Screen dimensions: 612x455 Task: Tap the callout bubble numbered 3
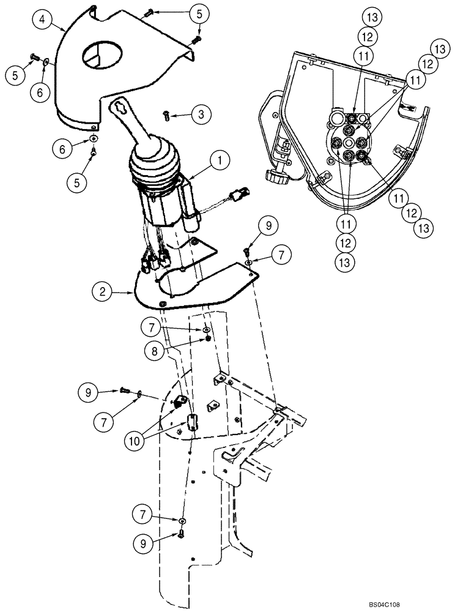tap(200, 114)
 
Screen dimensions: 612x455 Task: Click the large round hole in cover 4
tap(98, 55)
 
